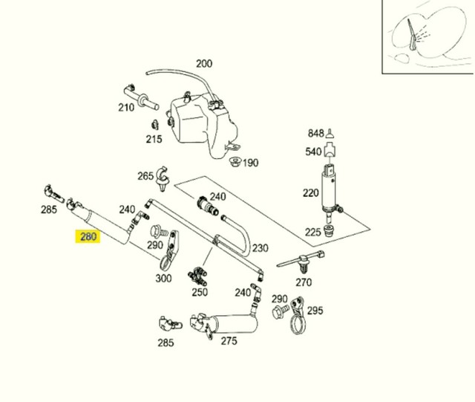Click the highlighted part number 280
88,238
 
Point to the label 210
126,107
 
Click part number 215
154,139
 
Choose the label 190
250,163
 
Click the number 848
316,134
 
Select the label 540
313,152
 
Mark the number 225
313,233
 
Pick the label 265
145,176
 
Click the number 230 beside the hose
260,248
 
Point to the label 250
199,293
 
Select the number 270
304,282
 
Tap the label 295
315,311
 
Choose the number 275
229,341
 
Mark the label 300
163,278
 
